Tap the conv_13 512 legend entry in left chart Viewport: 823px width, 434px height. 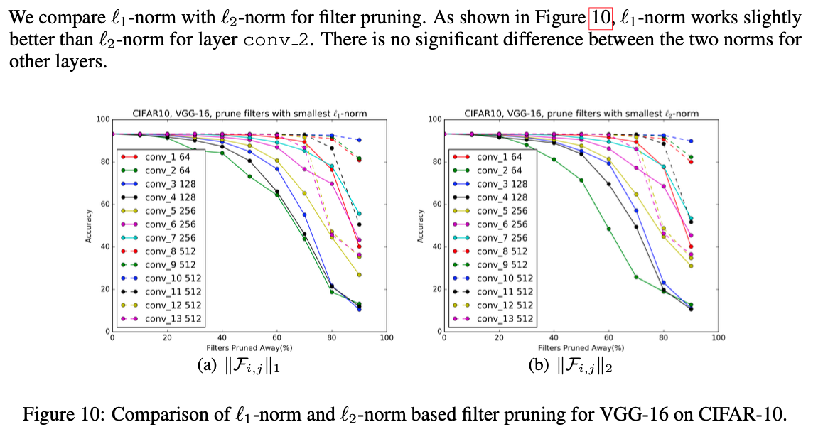coord(173,319)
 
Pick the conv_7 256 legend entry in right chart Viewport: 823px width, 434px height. coord(502,238)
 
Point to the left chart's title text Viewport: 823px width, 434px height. coord(249,113)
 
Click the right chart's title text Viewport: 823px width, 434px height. coord(581,113)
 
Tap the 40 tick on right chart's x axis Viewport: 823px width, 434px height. coord(554,338)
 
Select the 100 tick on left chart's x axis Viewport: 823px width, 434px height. coord(387,338)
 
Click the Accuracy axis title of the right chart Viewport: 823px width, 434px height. coord(421,225)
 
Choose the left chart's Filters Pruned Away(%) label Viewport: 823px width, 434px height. coord(249,348)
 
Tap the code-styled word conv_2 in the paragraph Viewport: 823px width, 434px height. coord(276,39)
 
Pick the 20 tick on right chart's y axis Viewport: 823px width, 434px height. coord(436,289)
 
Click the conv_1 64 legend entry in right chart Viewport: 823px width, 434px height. coord(499,157)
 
